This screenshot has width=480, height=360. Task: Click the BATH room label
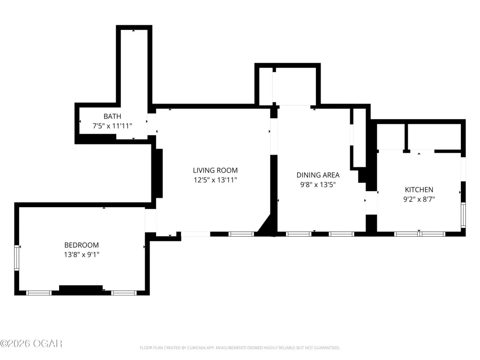(x=112, y=116)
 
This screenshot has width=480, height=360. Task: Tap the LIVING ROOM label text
(x=215, y=170)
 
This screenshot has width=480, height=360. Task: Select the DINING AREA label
(x=318, y=175)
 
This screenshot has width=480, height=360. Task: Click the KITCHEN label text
(x=419, y=189)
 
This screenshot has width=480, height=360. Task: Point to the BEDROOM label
(x=82, y=245)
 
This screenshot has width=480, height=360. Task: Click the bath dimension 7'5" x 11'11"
(x=112, y=126)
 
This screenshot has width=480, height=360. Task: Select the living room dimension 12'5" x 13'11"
(x=215, y=180)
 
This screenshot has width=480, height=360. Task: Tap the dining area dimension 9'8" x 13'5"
(x=318, y=185)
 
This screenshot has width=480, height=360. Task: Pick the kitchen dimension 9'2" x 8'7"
(x=419, y=199)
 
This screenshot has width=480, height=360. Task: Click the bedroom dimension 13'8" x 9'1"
(x=82, y=255)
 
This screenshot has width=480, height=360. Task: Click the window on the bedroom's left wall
(x=16, y=258)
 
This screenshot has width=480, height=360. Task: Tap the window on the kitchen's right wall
(x=464, y=215)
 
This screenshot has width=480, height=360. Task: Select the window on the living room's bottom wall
(x=241, y=234)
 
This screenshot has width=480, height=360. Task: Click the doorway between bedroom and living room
(x=150, y=220)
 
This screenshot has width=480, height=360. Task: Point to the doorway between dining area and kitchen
(x=371, y=203)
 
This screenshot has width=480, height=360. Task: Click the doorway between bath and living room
(x=152, y=124)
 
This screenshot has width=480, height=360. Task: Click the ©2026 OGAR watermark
(x=31, y=344)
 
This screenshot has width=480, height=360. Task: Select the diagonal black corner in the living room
(x=267, y=226)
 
